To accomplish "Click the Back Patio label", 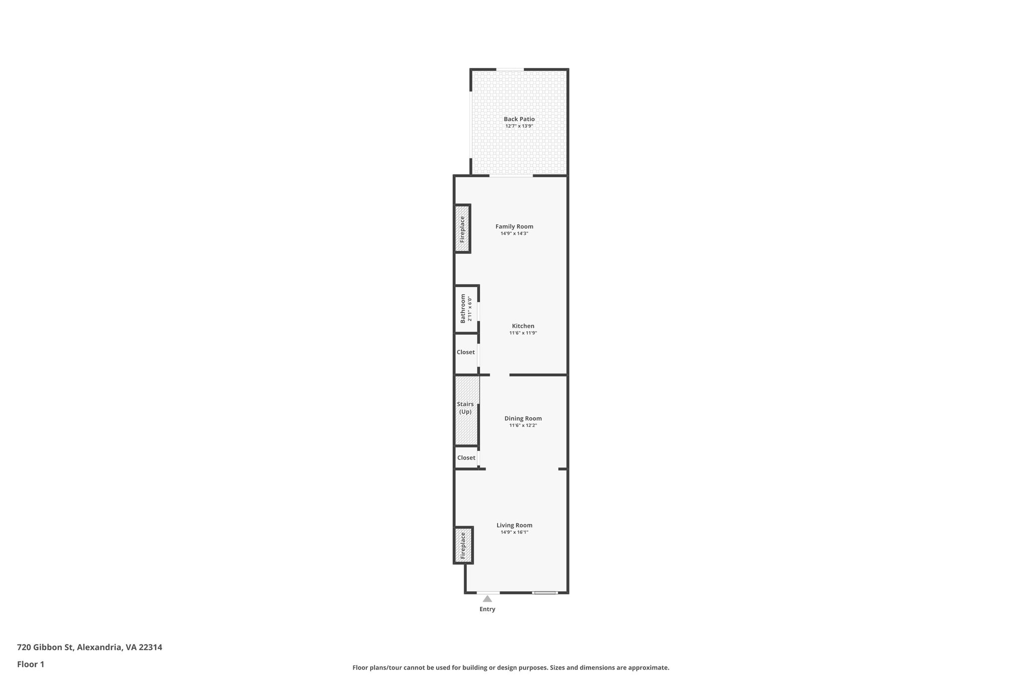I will click(519, 119).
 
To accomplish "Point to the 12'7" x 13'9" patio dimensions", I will click(519, 126).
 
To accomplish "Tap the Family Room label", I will click(514, 227).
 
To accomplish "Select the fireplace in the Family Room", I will click(462, 228).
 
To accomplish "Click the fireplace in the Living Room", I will click(463, 545).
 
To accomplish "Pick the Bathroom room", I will click(466, 308).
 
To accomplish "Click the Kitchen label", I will click(522, 326).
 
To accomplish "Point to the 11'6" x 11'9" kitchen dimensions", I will click(522, 333).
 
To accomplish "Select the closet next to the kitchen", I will click(466, 352).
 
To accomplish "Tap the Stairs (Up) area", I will click(466, 408).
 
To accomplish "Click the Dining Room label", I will click(522, 419).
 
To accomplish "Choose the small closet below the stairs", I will click(466, 457).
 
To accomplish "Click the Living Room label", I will click(514, 525).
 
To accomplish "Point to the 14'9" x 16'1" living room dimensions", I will click(514, 532).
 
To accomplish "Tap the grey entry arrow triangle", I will click(487, 599).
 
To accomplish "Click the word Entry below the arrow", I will click(487, 609).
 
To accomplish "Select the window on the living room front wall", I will click(544, 593).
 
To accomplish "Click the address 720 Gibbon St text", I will click(89, 647).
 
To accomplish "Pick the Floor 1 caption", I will click(30, 664).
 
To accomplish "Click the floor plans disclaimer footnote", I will click(511, 668).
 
